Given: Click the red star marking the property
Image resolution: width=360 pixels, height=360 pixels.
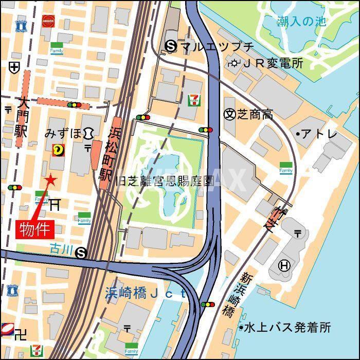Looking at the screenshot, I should coord(50,180).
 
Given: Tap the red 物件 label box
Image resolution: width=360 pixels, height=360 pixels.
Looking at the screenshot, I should coord(36,228).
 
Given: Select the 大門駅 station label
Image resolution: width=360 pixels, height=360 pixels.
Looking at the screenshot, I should coord(21,118).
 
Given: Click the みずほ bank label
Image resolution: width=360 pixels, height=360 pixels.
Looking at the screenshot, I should coord(63,134).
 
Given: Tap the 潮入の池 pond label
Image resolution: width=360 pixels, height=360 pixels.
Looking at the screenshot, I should coord(301,22).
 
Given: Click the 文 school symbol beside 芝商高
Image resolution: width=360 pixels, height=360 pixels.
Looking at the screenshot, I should coord(229,114).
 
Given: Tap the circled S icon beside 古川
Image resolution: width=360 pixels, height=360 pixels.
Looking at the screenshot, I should coord(81,252).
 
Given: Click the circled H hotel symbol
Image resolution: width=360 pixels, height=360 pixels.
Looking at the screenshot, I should coord(283,265).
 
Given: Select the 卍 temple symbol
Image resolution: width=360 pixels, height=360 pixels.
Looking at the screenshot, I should coord(21,335).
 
